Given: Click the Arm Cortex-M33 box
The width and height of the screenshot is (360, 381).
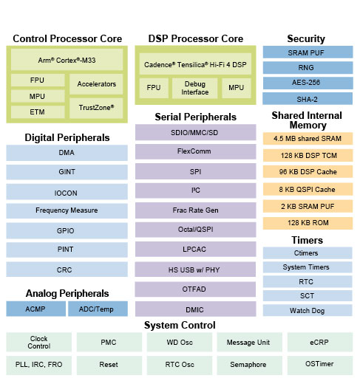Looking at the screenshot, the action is pos(67,60).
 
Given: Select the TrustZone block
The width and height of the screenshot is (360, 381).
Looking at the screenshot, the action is pos(96,108).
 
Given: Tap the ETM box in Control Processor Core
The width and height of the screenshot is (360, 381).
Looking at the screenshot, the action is pos(38,112).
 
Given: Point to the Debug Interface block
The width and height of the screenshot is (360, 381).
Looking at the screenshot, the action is pos(194,88).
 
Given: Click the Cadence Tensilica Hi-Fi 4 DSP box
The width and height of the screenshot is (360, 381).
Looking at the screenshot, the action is pos(195,64).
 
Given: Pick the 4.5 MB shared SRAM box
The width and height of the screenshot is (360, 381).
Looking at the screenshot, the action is pos(308,139).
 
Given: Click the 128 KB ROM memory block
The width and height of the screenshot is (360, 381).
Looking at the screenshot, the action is pos(308,223).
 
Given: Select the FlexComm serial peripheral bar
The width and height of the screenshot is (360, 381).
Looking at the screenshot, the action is pos(195,151).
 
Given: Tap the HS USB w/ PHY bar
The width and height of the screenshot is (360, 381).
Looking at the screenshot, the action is pos(195,270).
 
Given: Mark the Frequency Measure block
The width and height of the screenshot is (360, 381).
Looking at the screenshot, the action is pos(67,210).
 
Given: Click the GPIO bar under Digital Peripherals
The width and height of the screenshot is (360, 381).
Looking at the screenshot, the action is pos(67,230).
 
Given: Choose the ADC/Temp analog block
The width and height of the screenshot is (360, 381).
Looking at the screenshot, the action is pos(98,309).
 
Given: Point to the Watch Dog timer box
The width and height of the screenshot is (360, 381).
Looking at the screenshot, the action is pos(308,310).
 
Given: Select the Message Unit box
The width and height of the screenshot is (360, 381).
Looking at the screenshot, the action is pos(249,342).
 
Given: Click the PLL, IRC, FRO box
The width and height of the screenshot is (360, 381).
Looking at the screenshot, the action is pos(39,365).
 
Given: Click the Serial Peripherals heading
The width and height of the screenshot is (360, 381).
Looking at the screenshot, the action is pos(195,117).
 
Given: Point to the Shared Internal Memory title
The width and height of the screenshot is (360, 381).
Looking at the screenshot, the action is pos(307,120).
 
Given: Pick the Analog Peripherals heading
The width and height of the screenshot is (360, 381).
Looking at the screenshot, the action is pos(67,293).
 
